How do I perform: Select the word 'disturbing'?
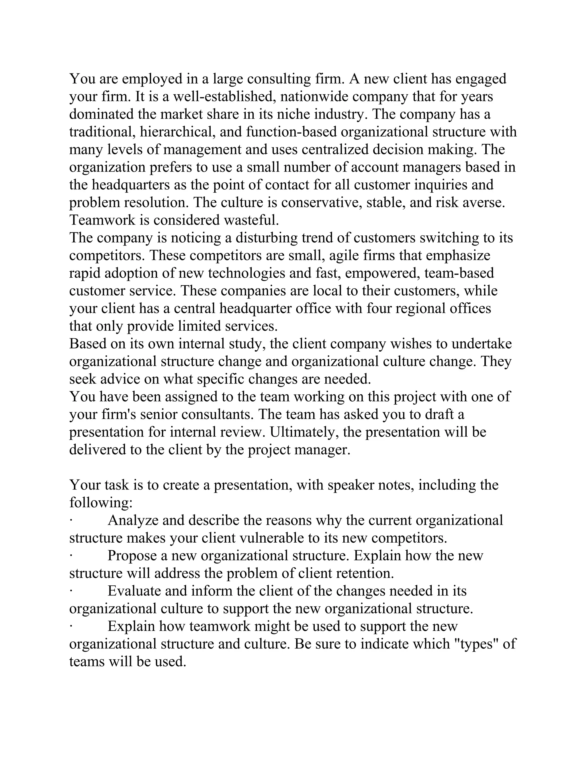[x=266, y=238]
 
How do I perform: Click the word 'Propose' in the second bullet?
[x=132, y=556]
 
